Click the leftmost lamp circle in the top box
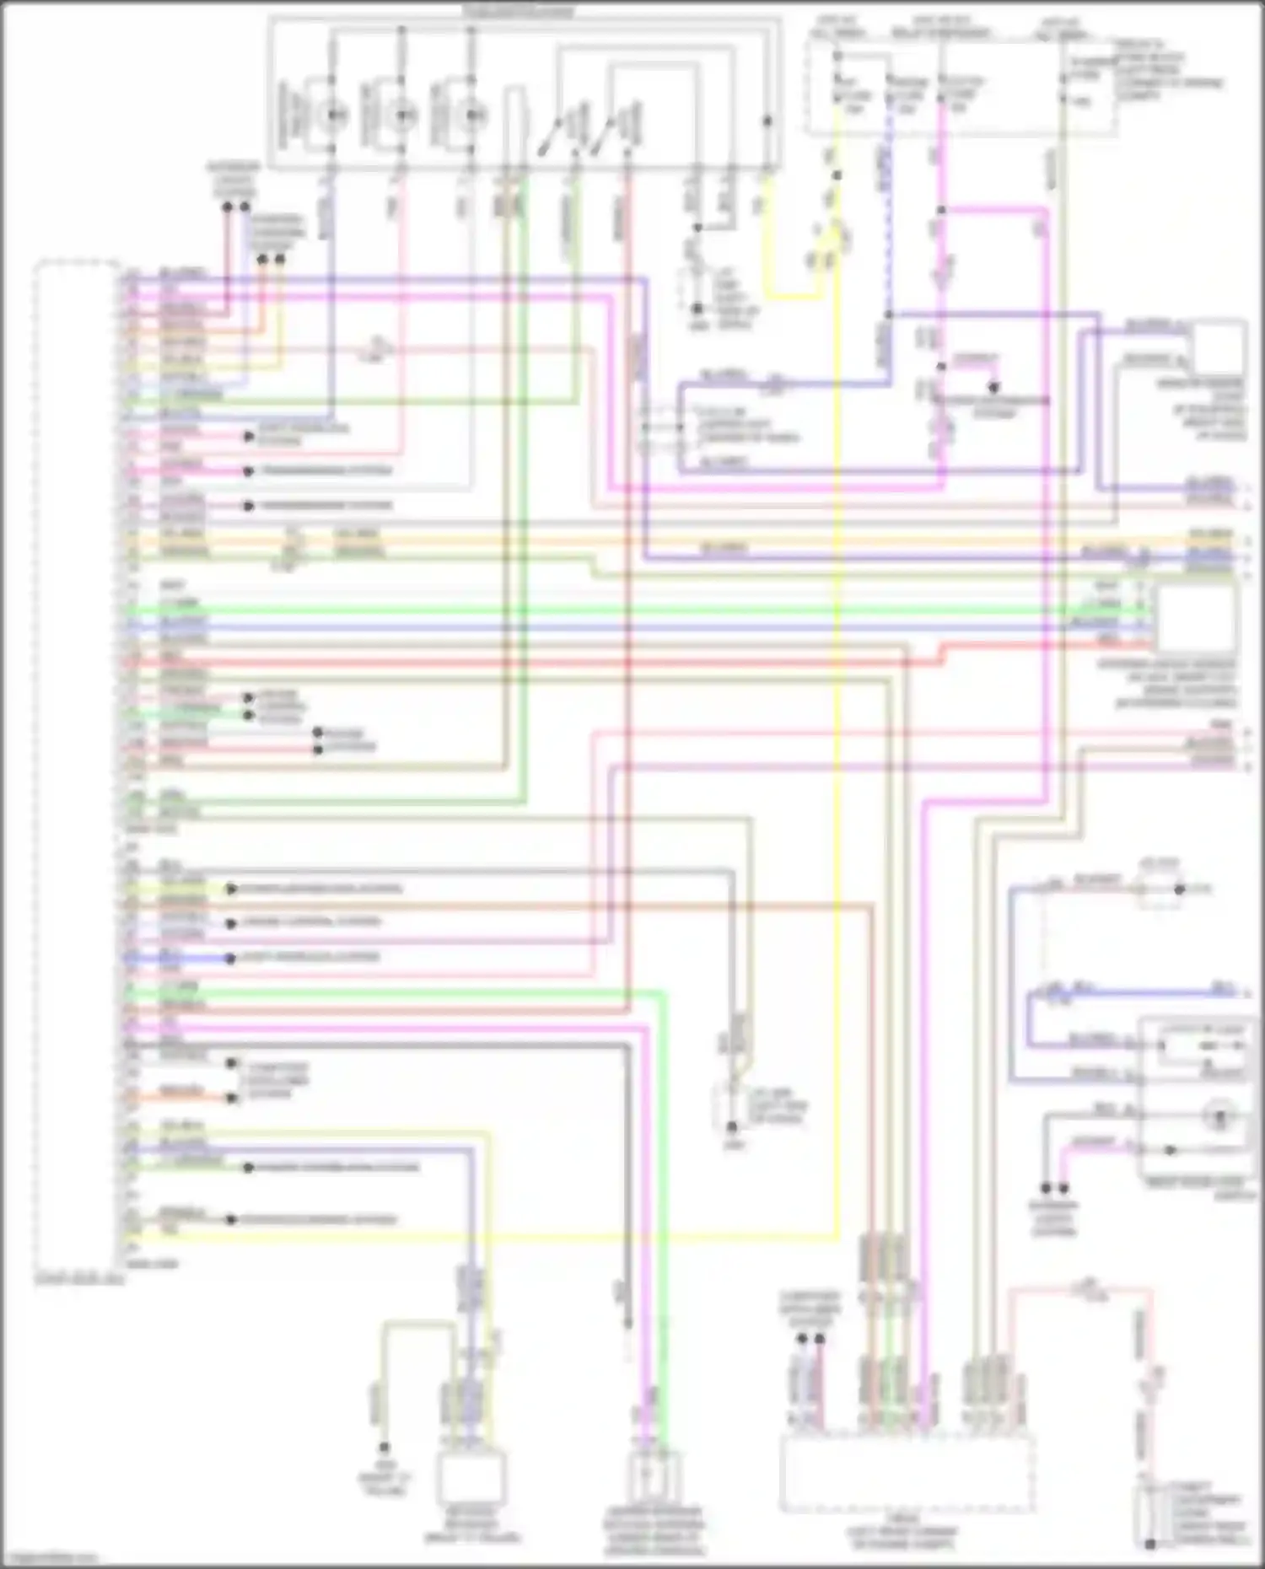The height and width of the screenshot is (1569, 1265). coord(331,115)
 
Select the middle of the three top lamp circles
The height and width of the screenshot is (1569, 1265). coord(402,115)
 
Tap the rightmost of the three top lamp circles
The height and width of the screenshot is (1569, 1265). coord(472,115)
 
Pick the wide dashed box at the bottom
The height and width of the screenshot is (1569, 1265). coord(907,1475)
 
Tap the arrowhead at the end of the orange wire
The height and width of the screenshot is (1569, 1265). coord(229,1098)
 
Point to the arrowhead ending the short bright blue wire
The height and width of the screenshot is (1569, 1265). coord(229,959)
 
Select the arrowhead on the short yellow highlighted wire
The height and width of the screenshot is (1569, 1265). coord(229,889)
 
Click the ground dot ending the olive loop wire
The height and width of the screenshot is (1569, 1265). coord(384,1448)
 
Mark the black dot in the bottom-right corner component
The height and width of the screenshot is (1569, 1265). coord(1149,1544)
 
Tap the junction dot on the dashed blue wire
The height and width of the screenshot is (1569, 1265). coord(888,314)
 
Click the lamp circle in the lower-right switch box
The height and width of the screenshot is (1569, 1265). coord(1219,1117)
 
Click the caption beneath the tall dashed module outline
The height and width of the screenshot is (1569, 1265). coord(78,1279)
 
